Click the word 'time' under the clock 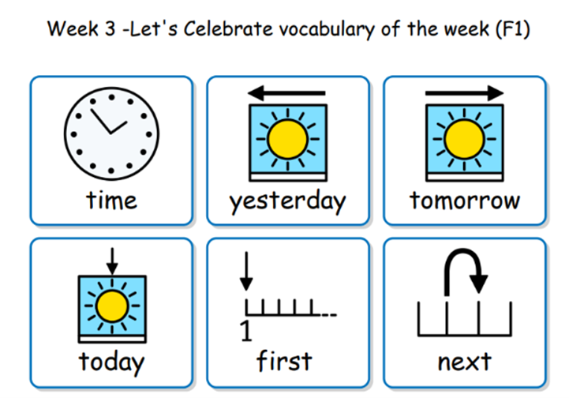(111, 201)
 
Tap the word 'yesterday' (287, 201)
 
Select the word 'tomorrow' (465, 201)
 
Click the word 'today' (111, 362)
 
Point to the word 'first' (284, 361)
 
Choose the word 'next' (465, 362)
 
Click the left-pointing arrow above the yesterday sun (286, 93)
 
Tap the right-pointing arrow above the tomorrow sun (465, 93)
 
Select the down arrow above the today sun (112, 261)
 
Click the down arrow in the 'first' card (246, 271)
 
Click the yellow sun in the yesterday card (288, 139)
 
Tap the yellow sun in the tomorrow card (465, 139)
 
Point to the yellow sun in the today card (112, 306)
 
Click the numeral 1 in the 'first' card (246, 331)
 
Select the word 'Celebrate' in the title (228, 29)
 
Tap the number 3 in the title (110, 29)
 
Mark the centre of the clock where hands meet (110, 133)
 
